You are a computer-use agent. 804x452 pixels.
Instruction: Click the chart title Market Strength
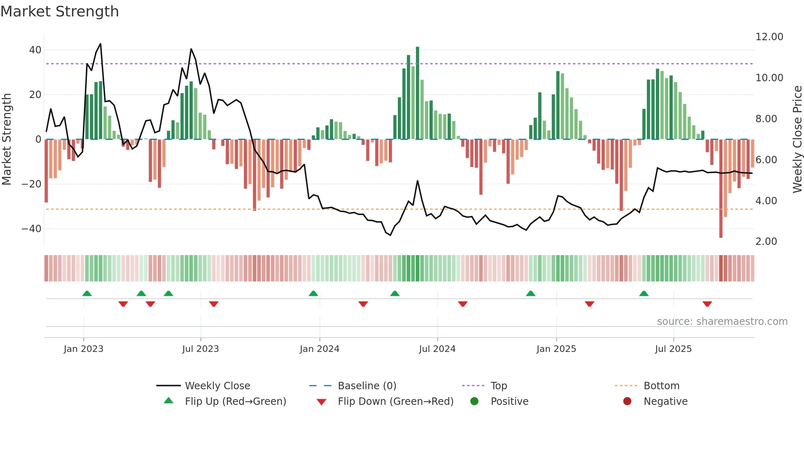pos(59,11)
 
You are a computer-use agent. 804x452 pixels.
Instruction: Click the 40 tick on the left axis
pos(35,50)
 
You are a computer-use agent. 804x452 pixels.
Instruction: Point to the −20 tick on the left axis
pos(32,184)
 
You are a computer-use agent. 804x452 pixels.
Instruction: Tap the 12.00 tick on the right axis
pos(769,37)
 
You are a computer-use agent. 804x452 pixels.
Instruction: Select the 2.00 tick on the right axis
pos(766,242)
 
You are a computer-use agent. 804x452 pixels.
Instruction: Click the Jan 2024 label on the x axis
pos(320,349)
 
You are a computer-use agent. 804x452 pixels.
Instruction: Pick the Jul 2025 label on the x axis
pos(673,349)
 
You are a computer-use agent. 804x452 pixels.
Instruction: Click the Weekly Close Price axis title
pos(797,139)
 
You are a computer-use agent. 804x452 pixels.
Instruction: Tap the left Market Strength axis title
pos(7,139)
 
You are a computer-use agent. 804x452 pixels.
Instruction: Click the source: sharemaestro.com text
pos(722,322)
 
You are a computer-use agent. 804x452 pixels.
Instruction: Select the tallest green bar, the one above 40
pos(418,93)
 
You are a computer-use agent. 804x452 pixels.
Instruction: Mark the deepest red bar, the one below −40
pos(721,189)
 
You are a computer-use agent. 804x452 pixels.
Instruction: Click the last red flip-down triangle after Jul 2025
pos(707,304)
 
